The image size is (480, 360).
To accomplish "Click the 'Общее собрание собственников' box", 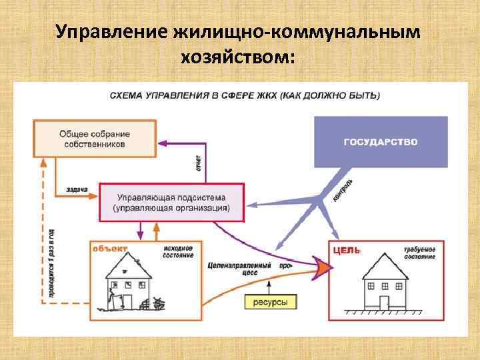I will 94,139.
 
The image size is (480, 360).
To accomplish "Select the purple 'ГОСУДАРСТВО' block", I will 381,141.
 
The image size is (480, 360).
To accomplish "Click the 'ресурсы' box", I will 270,303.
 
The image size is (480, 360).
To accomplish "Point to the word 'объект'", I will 111,248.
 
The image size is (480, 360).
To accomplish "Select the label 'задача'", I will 77,189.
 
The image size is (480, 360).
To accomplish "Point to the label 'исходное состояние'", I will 178,251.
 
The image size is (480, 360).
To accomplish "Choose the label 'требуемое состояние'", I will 419,253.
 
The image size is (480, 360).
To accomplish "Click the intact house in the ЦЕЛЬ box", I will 386,283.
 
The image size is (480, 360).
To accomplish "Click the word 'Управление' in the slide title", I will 110,31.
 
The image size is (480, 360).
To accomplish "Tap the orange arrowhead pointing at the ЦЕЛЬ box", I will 323,268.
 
